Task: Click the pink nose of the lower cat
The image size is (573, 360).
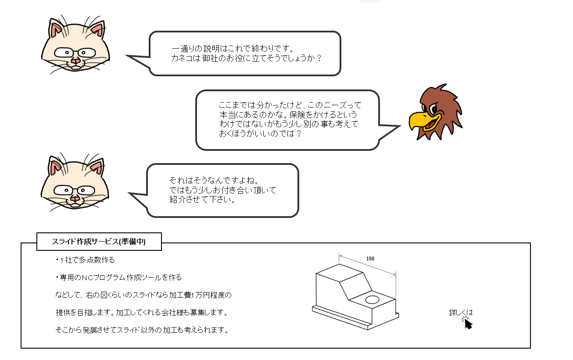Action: point(75,199)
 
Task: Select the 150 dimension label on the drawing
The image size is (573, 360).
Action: point(370,259)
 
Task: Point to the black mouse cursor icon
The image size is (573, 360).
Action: point(468,324)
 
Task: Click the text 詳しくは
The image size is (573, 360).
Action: point(461,313)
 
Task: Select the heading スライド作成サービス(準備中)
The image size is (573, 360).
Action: point(99,242)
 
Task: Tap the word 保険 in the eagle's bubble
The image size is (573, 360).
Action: point(285,115)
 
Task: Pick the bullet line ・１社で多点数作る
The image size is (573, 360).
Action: point(85,260)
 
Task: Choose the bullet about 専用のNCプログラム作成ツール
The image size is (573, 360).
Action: point(118,278)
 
